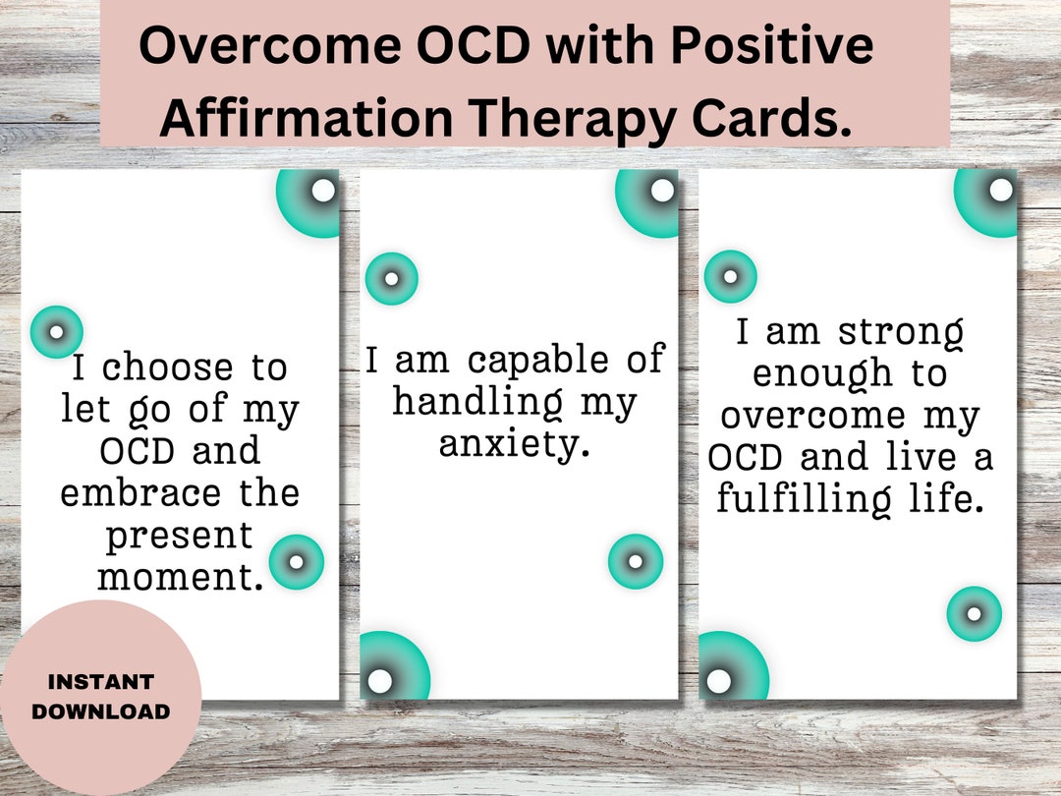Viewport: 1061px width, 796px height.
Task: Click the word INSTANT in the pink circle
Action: tap(100, 681)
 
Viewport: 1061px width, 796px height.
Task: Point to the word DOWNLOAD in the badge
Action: tap(100, 711)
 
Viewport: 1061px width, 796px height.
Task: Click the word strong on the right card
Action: tap(901, 332)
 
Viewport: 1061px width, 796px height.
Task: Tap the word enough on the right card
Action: tap(807, 373)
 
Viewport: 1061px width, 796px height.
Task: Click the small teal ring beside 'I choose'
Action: tap(56, 331)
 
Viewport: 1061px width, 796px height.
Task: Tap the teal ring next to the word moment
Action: tap(296, 562)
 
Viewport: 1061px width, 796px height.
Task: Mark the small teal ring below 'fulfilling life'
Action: tap(974, 613)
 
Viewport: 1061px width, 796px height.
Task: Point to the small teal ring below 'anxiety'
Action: tap(635, 561)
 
